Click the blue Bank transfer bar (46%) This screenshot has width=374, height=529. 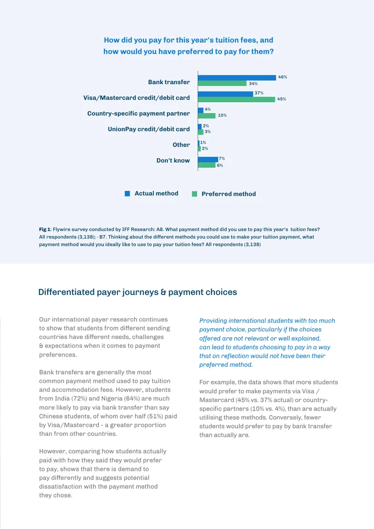237,78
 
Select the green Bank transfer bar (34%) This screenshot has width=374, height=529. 223,83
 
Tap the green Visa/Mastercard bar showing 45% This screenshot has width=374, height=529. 237,99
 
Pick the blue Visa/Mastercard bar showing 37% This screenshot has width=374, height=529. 225,94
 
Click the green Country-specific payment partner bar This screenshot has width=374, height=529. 207,116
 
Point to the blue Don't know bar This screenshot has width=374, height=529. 208,159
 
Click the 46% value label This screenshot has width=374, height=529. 283,77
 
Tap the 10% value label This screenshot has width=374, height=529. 222,115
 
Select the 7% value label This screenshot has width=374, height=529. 222,158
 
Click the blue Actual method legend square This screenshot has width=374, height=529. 127,194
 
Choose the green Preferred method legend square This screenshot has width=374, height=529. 194,194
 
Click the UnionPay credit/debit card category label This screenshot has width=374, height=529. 149,129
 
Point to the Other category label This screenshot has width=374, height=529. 181,145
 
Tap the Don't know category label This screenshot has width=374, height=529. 173,161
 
